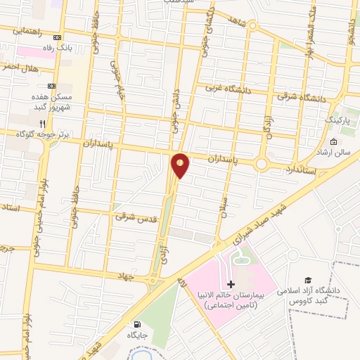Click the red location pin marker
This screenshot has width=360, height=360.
180,165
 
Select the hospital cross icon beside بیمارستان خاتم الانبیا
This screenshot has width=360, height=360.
231,284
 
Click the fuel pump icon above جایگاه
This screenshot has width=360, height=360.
137,325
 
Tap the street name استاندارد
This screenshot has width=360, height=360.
302,169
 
